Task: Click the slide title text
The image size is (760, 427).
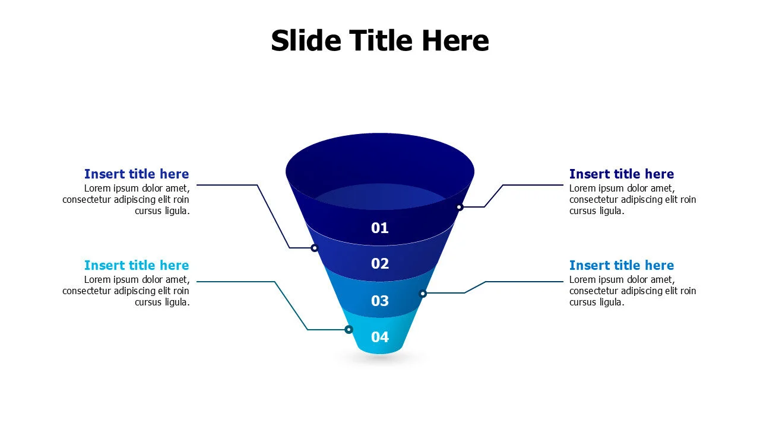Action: (x=380, y=41)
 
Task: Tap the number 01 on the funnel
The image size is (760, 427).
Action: (x=380, y=228)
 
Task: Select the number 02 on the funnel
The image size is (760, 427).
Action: (x=380, y=263)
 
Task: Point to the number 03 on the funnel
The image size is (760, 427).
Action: (x=380, y=301)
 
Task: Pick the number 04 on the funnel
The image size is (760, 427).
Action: (x=380, y=337)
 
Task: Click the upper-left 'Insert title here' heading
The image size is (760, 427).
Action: (x=137, y=174)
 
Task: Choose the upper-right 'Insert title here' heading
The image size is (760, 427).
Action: (x=622, y=174)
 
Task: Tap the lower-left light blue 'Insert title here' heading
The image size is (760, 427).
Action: (x=137, y=265)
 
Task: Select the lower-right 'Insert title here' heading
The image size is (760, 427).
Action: (x=622, y=265)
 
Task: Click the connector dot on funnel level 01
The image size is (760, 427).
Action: (x=459, y=207)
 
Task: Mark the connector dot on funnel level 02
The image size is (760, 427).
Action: (x=315, y=248)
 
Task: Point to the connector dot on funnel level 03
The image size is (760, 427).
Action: (x=423, y=294)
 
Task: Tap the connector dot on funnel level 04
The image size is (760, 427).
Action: (x=349, y=330)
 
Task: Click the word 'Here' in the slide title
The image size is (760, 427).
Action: (x=455, y=41)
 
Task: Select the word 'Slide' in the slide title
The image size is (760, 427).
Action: (x=306, y=41)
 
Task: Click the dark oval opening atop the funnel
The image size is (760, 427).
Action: (x=380, y=163)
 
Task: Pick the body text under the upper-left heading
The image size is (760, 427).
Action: (x=126, y=200)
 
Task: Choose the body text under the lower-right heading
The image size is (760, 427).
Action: (x=632, y=291)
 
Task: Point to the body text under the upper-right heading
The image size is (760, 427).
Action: (x=632, y=200)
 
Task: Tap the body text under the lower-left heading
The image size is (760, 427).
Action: (x=126, y=291)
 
